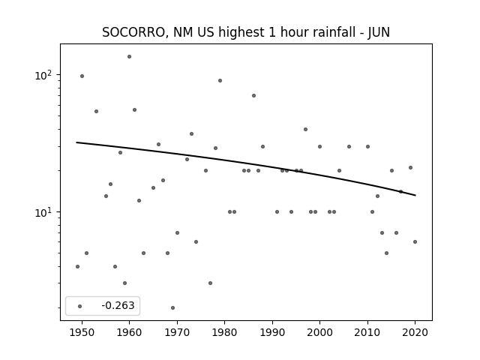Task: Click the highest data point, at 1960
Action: [129, 57]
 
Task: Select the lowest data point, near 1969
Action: [172, 307]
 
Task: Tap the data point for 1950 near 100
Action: [82, 76]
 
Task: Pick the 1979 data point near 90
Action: [220, 81]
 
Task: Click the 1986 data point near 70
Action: [253, 95]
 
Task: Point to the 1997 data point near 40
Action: [305, 130]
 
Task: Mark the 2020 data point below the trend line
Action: [415, 241]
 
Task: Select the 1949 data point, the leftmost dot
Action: [77, 267]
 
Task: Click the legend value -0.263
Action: [118, 305]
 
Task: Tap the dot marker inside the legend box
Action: [80, 306]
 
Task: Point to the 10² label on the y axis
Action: [44, 75]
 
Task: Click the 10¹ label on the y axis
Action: [44, 212]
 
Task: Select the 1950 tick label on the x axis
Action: [82, 332]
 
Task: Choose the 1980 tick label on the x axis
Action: [225, 332]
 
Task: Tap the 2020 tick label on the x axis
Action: [415, 332]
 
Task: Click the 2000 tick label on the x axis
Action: [320, 332]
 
